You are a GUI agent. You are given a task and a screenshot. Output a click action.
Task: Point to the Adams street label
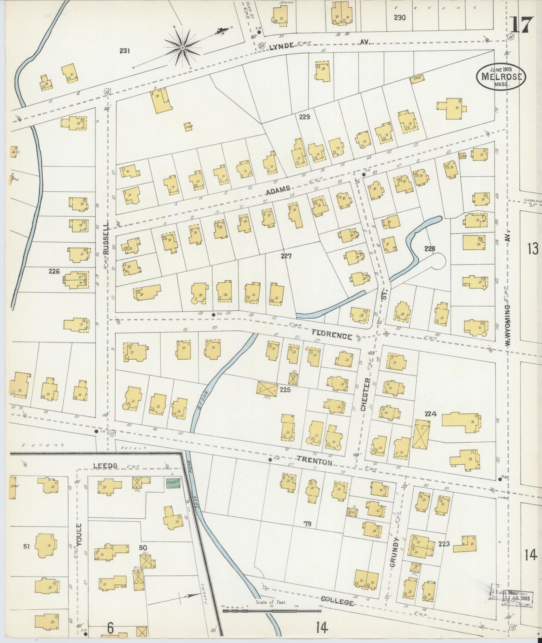[278, 191]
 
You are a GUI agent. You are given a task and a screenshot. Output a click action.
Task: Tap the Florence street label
[332, 334]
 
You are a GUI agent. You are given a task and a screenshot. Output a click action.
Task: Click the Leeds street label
[105, 466]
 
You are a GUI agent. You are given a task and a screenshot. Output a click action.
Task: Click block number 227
[286, 256]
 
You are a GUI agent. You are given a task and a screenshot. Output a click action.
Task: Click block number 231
[124, 51]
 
